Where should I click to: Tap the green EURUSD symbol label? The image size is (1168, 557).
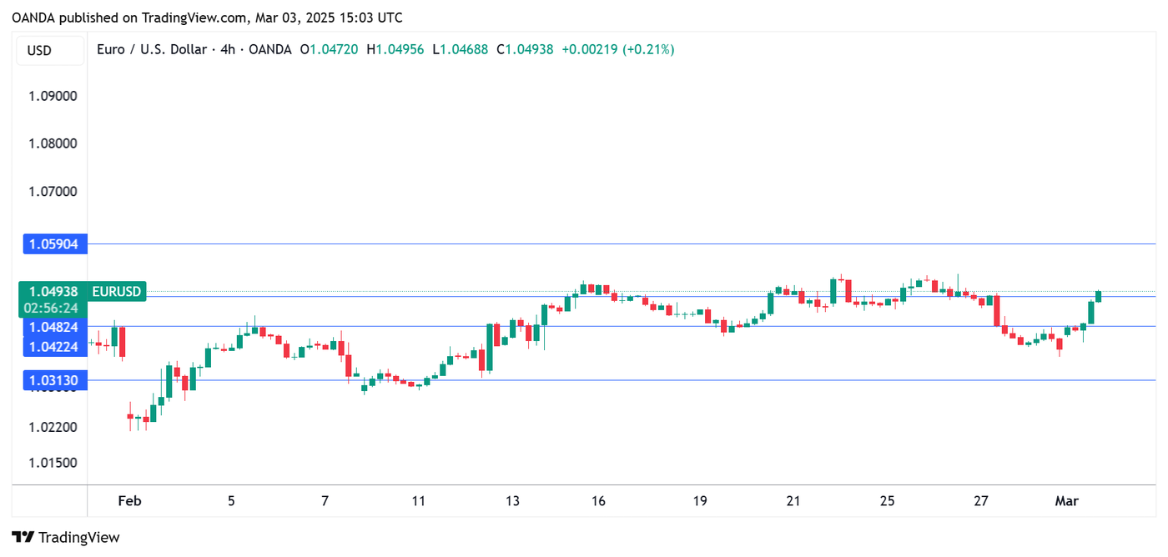[x=117, y=292]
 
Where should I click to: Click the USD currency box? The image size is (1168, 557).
[x=39, y=50]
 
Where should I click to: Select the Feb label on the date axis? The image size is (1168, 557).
[x=129, y=501]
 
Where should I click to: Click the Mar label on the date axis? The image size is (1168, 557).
[x=1066, y=501]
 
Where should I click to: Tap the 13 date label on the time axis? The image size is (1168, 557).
[x=511, y=501]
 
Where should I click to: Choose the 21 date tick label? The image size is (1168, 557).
[x=793, y=501]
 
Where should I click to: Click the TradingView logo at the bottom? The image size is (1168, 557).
[x=66, y=537]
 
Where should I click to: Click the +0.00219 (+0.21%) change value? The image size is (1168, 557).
[x=617, y=50]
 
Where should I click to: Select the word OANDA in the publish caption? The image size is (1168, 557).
[x=33, y=18]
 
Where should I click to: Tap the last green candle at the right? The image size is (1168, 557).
[x=1099, y=296]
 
